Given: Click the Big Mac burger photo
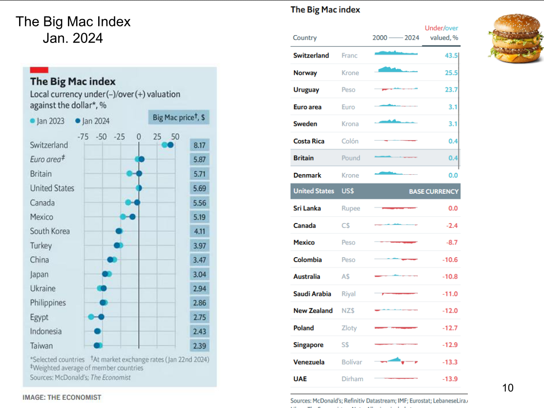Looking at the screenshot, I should (515, 39).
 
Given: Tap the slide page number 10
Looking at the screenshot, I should (508, 388).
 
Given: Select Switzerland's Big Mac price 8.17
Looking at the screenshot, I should (199, 145).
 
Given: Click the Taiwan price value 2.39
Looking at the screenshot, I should (199, 346).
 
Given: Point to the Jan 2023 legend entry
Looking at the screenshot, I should (47, 121).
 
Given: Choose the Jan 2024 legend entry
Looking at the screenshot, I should (92, 121).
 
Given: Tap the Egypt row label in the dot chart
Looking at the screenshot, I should (39, 317).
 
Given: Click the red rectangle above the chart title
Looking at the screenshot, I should (39, 70).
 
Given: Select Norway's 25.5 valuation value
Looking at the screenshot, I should (451, 73).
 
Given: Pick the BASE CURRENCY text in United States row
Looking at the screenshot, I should (434, 191).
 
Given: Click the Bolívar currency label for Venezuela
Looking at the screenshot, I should (352, 362).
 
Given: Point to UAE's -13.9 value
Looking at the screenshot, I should (450, 379).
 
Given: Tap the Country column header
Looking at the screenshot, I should (305, 38).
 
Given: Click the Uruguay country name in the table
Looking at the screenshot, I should (306, 90).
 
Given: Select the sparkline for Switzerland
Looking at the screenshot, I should (396, 53).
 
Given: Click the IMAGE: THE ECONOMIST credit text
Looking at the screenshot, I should (62, 397).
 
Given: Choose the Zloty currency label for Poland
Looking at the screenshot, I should (349, 328).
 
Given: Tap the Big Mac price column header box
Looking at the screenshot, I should (178, 118).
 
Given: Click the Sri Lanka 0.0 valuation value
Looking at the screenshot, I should (453, 208).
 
